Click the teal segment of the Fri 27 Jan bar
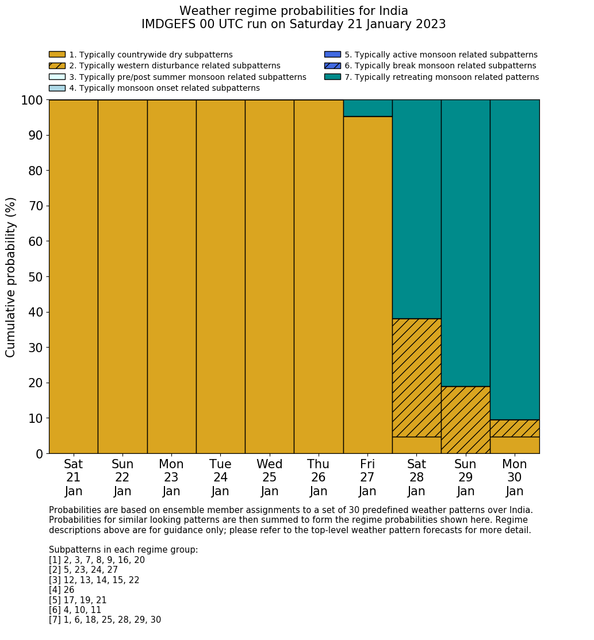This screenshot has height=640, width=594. click(367, 108)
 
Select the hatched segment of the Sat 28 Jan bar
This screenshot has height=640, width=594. click(416, 377)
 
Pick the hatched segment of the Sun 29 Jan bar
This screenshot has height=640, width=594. click(465, 420)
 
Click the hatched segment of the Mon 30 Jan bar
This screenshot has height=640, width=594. click(515, 428)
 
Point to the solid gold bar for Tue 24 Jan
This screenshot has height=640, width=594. click(220, 276)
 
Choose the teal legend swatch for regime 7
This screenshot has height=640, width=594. click(332, 77)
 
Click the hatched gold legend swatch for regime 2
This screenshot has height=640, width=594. click(57, 65)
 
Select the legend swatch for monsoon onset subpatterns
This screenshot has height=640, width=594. click(57, 88)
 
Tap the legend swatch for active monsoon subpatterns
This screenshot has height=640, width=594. click(332, 55)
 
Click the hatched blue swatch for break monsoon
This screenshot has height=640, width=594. click(332, 65)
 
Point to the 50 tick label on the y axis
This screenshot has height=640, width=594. click(36, 277)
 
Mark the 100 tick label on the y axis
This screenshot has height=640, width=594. click(32, 101)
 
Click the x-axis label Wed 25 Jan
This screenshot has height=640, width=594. click(269, 477)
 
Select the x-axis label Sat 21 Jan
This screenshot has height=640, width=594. click(73, 477)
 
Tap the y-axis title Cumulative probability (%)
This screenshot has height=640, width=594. click(11, 277)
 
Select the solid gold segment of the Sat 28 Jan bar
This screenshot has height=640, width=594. click(416, 445)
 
